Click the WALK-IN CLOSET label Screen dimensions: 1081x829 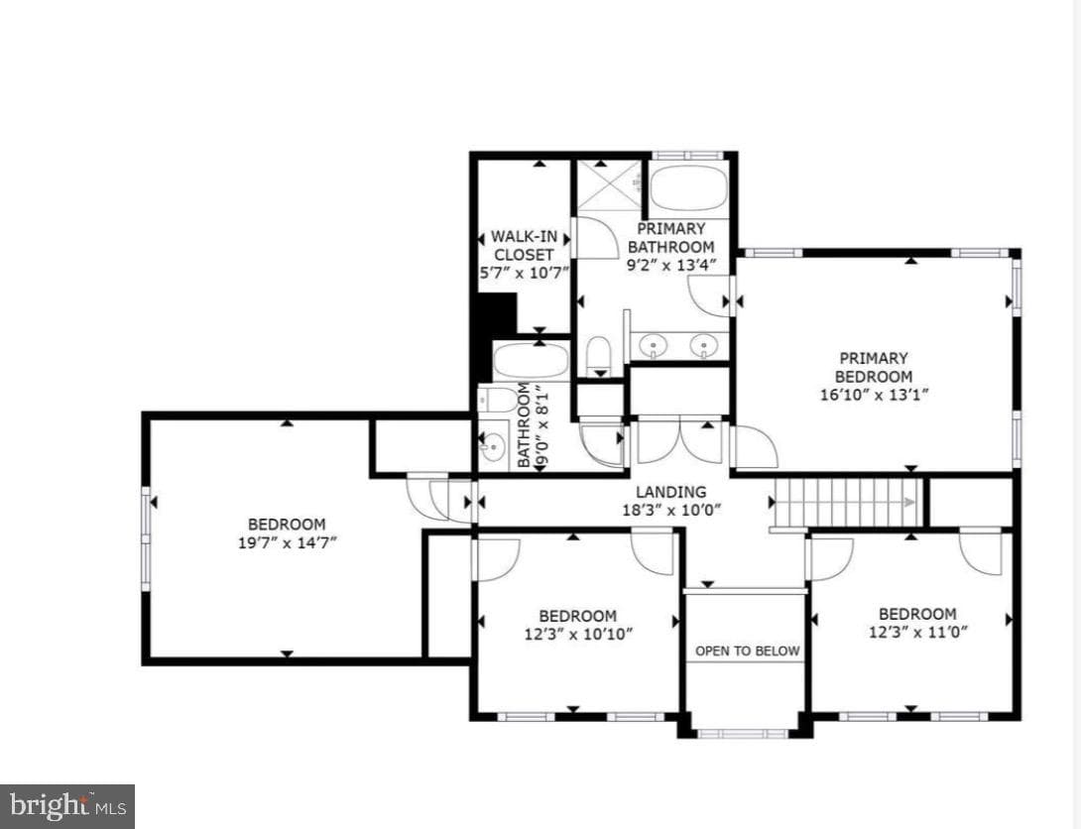pyautogui.click(x=524, y=245)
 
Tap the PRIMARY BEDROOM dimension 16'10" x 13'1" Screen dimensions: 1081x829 pyautogui.click(x=874, y=395)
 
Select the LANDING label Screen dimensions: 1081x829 pyautogui.click(x=670, y=492)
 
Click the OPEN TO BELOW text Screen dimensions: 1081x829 pyautogui.click(x=748, y=651)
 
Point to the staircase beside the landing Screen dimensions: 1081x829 pyautogui.click(x=847, y=503)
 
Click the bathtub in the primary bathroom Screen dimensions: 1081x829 pyautogui.click(x=688, y=188)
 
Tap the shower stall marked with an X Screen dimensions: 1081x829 pyautogui.click(x=607, y=184)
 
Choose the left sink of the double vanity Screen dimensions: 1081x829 pyautogui.click(x=652, y=344)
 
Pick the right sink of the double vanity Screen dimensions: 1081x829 pyautogui.click(x=702, y=344)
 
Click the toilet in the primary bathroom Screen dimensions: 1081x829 pyautogui.click(x=598, y=355)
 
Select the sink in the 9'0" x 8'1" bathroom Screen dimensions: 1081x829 pyautogui.click(x=493, y=448)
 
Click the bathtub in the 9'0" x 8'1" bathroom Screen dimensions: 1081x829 pyautogui.click(x=531, y=361)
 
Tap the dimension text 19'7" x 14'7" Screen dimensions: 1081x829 pyautogui.click(x=287, y=543)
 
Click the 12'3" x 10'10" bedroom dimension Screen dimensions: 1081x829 pyautogui.click(x=578, y=634)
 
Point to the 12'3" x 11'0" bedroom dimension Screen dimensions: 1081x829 pyautogui.click(x=917, y=632)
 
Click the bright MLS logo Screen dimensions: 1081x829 pyautogui.click(x=66, y=806)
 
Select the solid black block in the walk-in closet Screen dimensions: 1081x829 pyautogui.click(x=497, y=314)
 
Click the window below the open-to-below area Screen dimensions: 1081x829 pyautogui.click(x=743, y=734)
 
